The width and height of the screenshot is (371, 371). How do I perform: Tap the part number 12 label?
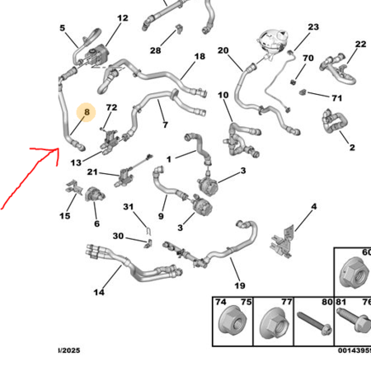pyautogui.click(x=122, y=18)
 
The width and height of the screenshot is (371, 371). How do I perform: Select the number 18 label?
pyautogui.click(x=200, y=57)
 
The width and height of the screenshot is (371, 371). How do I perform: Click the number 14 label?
pyautogui.click(x=99, y=292)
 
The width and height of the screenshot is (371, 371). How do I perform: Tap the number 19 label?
pyautogui.click(x=239, y=285)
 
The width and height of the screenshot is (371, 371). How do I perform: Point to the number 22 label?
pyautogui.click(x=360, y=44)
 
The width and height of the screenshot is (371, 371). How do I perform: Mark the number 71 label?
pyautogui.click(x=336, y=98)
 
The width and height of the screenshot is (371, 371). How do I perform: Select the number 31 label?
pyautogui.click(x=128, y=206)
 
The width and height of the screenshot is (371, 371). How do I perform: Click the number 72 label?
pyautogui.click(x=112, y=108)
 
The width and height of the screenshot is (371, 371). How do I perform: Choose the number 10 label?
pyautogui.click(x=223, y=96)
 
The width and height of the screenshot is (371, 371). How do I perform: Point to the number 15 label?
pyautogui.click(x=64, y=217)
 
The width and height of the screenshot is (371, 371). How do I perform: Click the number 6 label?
pyautogui.click(x=96, y=223)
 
